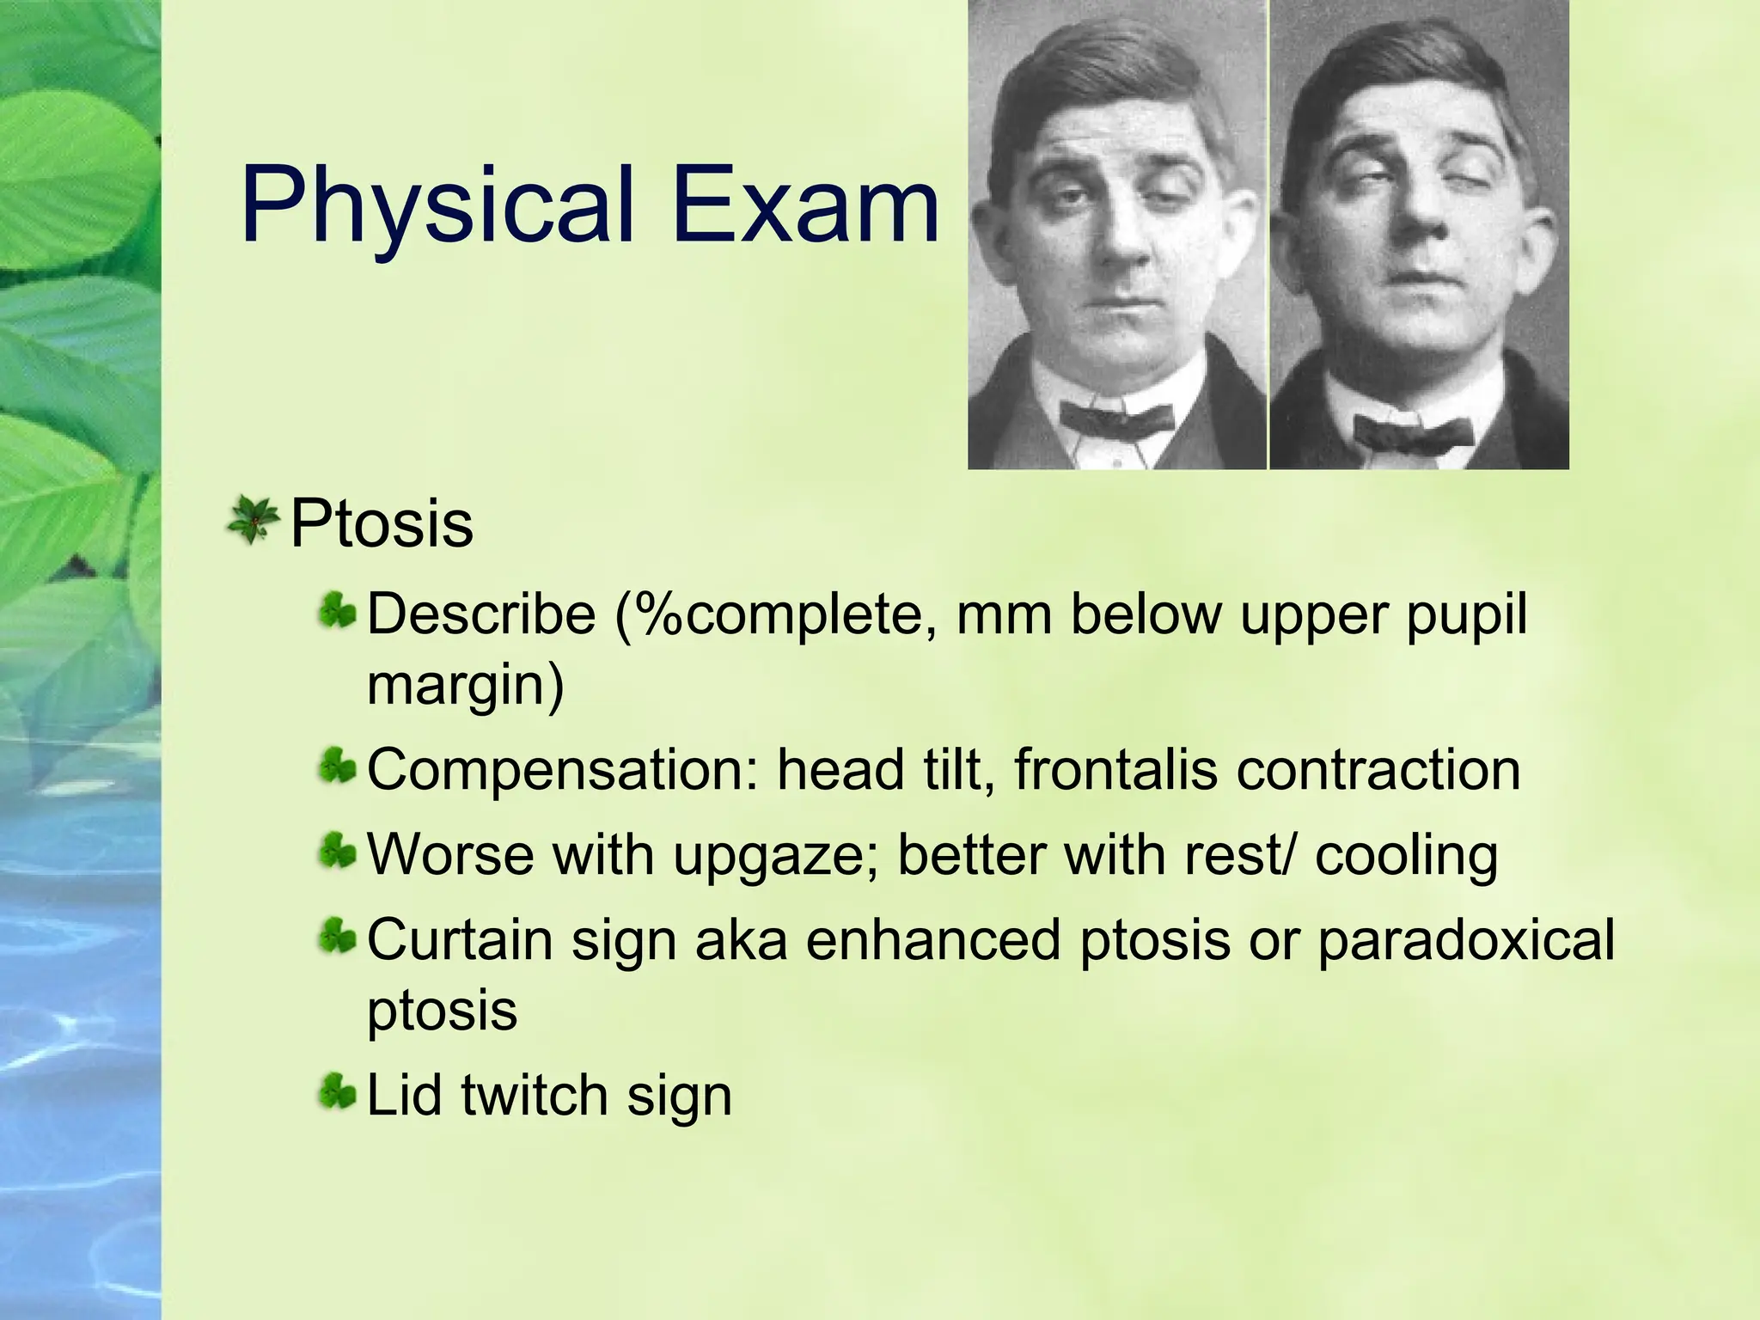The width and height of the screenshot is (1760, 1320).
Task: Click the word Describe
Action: coord(481,614)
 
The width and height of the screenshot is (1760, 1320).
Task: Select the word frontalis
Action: coord(1115,769)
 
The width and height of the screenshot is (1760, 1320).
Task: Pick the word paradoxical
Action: coord(1466,939)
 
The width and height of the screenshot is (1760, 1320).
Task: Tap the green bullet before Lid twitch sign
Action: coord(337,1094)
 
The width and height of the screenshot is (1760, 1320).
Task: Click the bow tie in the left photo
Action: coord(1116,419)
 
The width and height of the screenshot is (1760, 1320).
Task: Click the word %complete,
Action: coord(776,614)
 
